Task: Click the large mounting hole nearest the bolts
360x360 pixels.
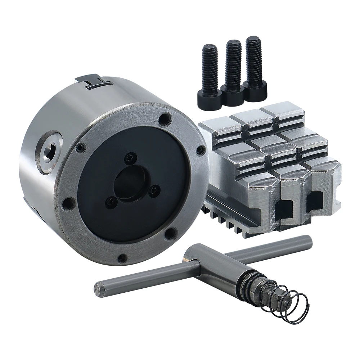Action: point(165,119)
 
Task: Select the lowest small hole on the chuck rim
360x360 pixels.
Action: point(122,258)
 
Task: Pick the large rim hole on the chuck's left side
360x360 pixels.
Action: point(68,203)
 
